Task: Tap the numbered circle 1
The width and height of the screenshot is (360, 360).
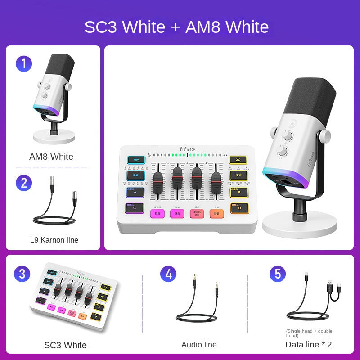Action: pos(23,63)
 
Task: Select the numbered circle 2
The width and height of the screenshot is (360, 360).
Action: pos(23,183)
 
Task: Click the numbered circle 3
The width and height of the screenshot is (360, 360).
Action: pos(22,274)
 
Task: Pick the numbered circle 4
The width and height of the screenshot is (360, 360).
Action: pos(168,274)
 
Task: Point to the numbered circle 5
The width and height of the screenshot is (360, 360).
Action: pos(278,274)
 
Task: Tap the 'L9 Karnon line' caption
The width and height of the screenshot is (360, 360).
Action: pos(54,240)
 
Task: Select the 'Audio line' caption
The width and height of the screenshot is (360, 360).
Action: pos(199,345)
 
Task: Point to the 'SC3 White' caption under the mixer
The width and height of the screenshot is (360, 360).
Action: pos(65,345)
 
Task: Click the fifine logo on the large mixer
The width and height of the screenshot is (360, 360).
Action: pos(188,148)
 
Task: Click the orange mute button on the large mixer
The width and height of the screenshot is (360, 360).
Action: pos(217,214)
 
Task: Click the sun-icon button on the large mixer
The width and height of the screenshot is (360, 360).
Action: pos(238,160)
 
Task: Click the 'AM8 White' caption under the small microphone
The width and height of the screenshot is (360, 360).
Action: pos(51,157)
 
